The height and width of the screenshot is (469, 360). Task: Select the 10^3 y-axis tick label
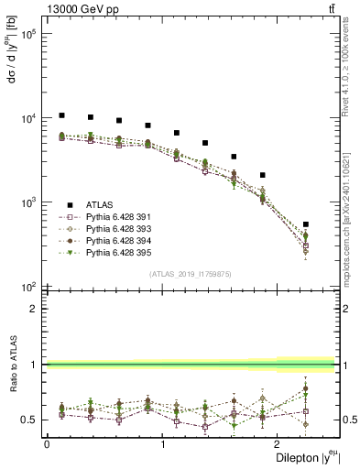30,202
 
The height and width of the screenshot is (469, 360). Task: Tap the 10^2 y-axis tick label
30,287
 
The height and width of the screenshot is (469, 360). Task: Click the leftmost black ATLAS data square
61,115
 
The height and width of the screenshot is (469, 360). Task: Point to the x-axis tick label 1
163,446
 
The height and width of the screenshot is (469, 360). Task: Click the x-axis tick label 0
47,446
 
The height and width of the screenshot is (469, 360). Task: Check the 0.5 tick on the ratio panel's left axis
33,420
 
